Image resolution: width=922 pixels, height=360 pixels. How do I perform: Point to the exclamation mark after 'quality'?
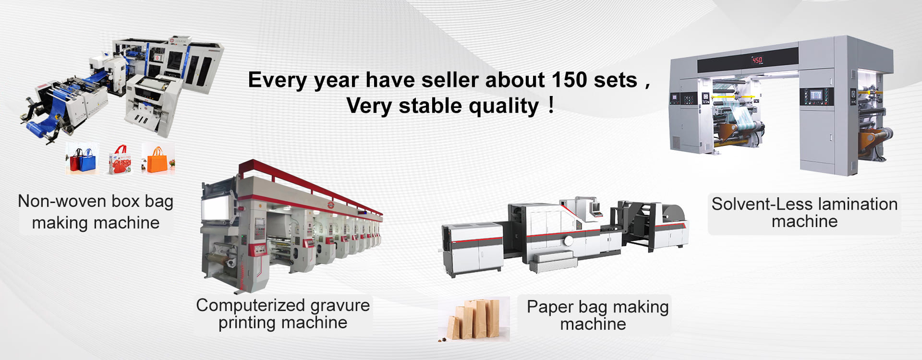tap(551, 105)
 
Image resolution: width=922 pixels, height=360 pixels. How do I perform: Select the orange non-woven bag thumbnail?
tap(158, 158)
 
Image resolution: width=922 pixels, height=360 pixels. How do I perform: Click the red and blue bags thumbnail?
tap(83, 158)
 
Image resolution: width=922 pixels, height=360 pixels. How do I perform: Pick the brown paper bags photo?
tap(474, 319)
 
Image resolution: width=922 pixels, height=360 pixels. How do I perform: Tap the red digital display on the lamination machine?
tap(757, 60)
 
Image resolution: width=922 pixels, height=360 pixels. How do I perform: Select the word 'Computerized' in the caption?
tap(250, 305)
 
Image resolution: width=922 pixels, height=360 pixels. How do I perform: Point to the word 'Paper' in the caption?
tap(550, 307)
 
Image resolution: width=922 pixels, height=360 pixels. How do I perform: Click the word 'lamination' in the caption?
tap(858, 204)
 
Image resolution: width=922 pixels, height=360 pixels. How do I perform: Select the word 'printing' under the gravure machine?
tap(250, 323)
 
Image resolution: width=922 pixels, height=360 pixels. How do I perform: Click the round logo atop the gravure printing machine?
tap(330, 205)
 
